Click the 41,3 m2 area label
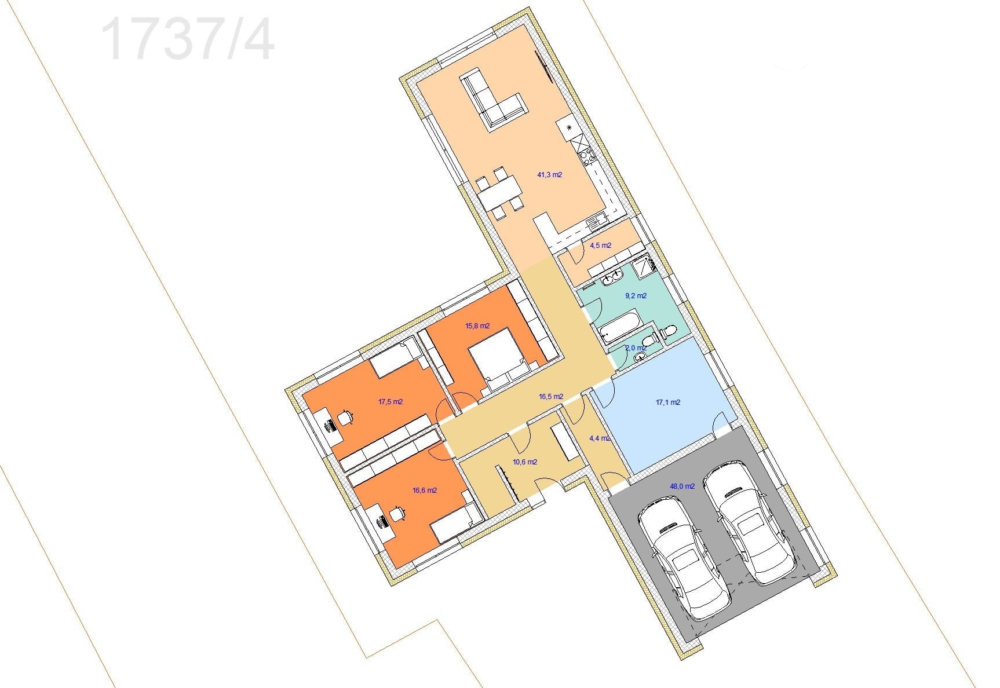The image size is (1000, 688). tap(550, 174)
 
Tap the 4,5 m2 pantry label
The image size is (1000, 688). tap(600, 246)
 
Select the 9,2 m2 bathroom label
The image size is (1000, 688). tap(636, 296)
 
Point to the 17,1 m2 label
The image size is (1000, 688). tap(667, 402)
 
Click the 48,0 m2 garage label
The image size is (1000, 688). tap(682, 487)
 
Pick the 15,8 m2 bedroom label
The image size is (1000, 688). tap(477, 326)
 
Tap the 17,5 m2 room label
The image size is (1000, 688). tap(390, 402)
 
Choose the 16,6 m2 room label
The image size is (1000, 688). tap(425, 491)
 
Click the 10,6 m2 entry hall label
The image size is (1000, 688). tap(525, 463)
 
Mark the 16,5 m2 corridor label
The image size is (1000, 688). tap(550, 397)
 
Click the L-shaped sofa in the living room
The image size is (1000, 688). tap(492, 98)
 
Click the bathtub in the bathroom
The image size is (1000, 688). tap(619, 328)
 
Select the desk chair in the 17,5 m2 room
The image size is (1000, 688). tap(346, 417)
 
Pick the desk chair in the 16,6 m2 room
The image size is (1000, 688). tap(398, 513)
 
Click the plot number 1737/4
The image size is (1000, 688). tap(188, 39)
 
